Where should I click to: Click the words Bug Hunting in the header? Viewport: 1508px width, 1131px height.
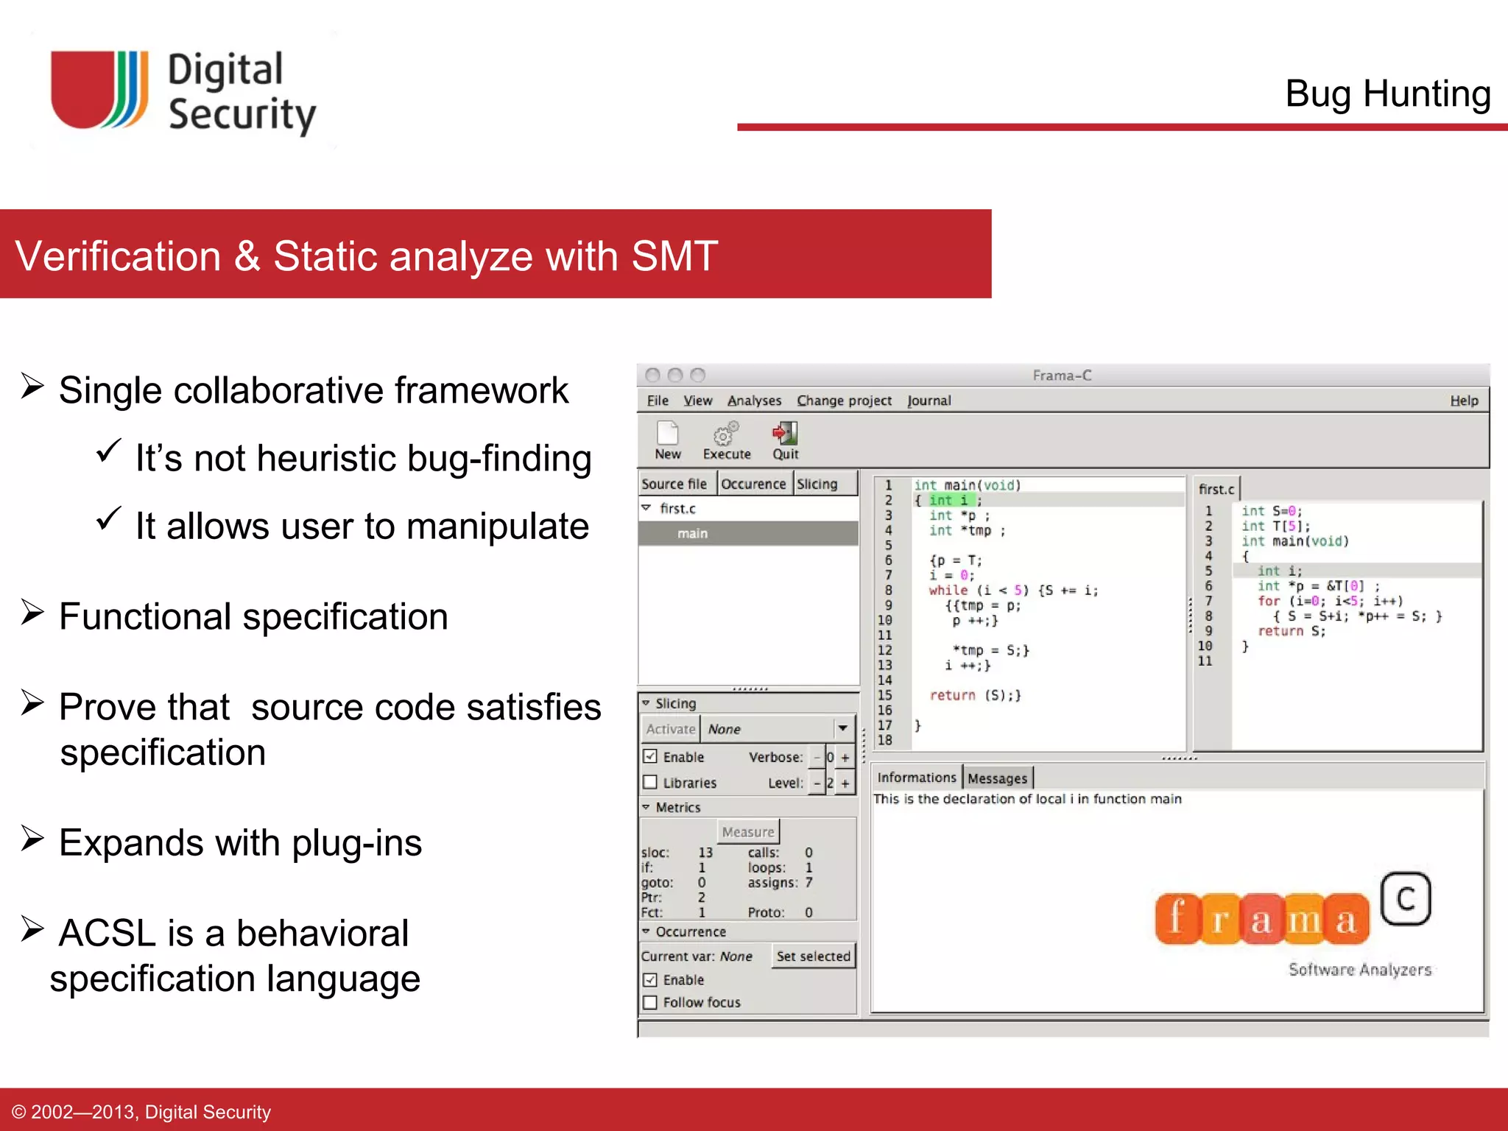pyautogui.click(x=1387, y=94)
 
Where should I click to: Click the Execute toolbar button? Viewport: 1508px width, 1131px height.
pyautogui.click(x=726, y=440)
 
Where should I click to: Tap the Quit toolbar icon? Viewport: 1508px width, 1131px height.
pyautogui.click(x=785, y=434)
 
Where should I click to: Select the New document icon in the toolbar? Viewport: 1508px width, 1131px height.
pyautogui.click(x=667, y=434)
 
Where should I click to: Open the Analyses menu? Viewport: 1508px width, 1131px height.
pyautogui.click(x=754, y=401)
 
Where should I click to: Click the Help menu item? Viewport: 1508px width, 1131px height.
pyautogui.click(x=1464, y=401)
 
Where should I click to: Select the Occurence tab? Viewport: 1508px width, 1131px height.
pyautogui.click(x=753, y=484)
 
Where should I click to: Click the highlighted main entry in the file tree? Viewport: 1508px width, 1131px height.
pyautogui.click(x=692, y=533)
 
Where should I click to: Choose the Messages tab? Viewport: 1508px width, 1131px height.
pyautogui.click(x=997, y=778)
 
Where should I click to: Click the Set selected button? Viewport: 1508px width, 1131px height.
pyautogui.click(x=813, y=956)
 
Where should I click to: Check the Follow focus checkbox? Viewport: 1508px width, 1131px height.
pyautogui.click(x=650, y=1002)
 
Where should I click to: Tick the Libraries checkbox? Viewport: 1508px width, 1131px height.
pyautogui.click(x=650, y=782)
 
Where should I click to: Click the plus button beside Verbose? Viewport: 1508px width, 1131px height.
pyautogui.click(x=845, y=757)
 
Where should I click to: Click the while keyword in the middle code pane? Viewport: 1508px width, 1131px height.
pyautogui.click(x=948, y=591)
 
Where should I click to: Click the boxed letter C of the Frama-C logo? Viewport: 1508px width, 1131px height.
pyautogui.click(x=1405, y=898)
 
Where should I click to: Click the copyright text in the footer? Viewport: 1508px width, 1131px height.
pyautogui.click(x=141, y=1111)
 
